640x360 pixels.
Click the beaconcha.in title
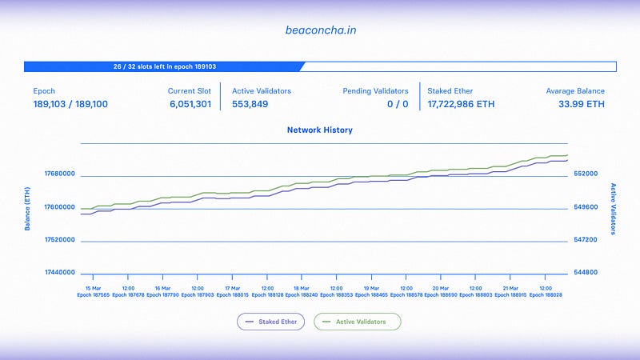click(319, 30)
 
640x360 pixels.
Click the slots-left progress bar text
click(165, 67)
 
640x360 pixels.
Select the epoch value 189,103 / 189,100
click(70, 104)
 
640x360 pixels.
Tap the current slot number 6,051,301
click(190, 104)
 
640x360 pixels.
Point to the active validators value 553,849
click(250, 104)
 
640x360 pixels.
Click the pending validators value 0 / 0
click(398, 104)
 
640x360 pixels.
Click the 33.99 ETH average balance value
click(582, 104)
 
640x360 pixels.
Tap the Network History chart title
click(319, 130)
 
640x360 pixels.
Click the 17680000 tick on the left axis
click(59, 174)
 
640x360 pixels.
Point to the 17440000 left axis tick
click(59, 273)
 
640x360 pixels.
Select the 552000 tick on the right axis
click(586, 174)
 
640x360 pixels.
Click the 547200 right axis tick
click(586, 240)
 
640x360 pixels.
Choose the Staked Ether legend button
click(270, 322)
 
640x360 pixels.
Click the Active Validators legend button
click(357, 322)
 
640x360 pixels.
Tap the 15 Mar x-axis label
click(93, 288)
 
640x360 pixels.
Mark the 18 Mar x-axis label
click(302, 288)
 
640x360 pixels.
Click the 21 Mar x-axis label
click(510, 288)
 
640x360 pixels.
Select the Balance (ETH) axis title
click(27, 206)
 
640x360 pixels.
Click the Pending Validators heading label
click(375, 91)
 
